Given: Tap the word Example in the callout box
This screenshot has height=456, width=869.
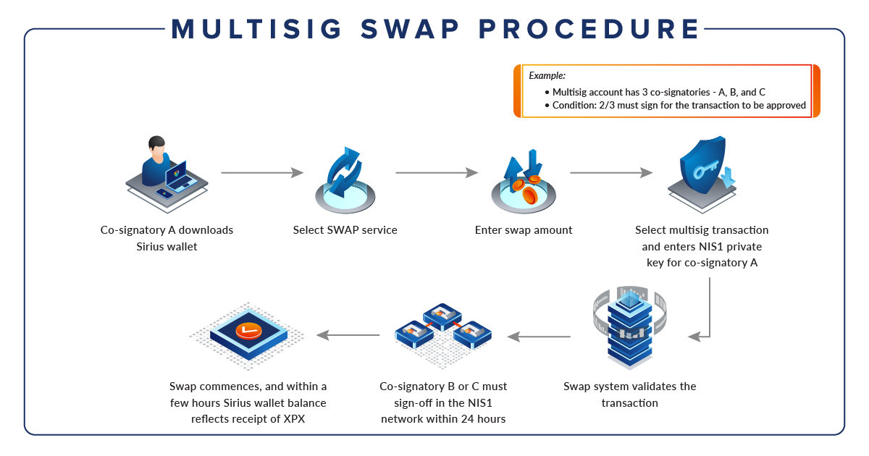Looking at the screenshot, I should coord(547,75).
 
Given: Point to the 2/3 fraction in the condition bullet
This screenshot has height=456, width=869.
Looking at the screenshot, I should coord(605,105).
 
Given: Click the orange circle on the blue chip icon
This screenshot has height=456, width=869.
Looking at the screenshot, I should coord(248,332).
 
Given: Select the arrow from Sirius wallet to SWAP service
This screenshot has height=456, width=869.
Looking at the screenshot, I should coord(261,173).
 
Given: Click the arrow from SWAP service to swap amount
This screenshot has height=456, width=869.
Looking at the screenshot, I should coord(437,173).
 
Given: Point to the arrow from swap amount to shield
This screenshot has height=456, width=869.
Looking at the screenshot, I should coord(611,173).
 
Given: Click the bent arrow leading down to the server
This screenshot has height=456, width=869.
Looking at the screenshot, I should coord(708,311).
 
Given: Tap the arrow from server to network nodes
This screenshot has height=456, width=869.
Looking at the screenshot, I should coord(539,336).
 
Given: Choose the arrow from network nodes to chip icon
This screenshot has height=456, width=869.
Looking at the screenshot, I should coord(348,335).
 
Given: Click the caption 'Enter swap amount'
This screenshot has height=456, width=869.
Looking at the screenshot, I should coord(524,230).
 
